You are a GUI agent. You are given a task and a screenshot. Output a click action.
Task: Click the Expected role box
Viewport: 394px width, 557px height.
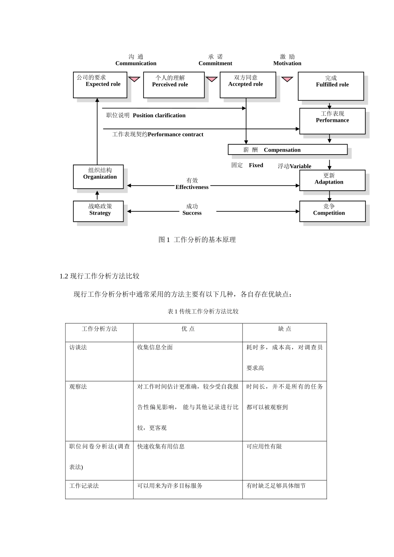(x=100, y=85)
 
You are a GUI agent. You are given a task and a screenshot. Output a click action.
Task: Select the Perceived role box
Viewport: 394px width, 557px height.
(x=174, y=85)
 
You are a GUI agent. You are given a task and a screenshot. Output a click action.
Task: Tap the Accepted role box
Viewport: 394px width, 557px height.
(x=248, y=85)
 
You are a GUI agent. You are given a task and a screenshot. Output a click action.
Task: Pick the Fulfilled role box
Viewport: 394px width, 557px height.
(x=331, y=86)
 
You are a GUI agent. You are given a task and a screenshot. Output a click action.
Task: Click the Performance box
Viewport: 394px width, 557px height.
(x=332, y=121)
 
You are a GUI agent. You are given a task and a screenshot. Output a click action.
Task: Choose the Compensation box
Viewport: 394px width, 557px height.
(x=287, y=150)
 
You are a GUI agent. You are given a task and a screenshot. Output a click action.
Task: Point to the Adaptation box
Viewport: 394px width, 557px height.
(x=332, y=180)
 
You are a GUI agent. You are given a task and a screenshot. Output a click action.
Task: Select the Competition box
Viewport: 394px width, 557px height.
(x=332, y=211)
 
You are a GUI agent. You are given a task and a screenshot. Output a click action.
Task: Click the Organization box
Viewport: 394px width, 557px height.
(x=98, y=177)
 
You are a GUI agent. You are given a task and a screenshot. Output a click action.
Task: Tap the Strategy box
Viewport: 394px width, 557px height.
(x=98, y=211)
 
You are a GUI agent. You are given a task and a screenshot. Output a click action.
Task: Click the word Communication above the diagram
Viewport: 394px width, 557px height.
(x=136, y=63)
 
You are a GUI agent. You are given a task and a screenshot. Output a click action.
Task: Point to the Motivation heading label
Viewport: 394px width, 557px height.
(x=287, y=63)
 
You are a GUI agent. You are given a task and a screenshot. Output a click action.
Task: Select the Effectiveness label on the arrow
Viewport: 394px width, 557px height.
(x=192, y=187)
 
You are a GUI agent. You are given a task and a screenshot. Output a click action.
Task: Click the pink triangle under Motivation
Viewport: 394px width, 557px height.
(x=287, y=79)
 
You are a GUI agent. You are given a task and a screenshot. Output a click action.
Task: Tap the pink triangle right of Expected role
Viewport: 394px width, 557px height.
(x=134, y=79)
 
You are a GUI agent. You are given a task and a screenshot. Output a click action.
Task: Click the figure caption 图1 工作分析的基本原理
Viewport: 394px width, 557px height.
(x=197, y=240)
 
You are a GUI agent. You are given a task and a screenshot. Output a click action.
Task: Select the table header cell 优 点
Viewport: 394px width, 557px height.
(x=188, y=329)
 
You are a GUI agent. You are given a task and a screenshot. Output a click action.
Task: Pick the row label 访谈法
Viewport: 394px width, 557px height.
(x=78, y=347)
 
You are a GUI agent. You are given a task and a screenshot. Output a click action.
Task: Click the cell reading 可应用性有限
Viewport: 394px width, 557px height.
(x=264, y=446)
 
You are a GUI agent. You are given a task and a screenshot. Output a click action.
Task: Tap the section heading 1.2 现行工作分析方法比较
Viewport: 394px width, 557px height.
(x=100, y=276)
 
